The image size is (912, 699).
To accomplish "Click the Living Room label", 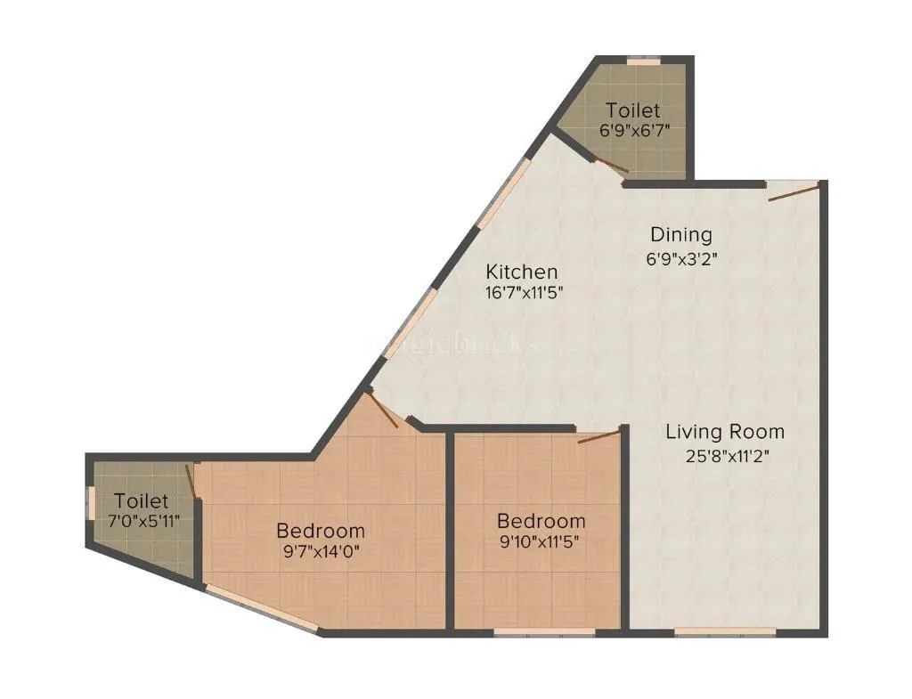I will [x=725, y=433].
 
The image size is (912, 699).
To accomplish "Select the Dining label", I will [x=681, y=235].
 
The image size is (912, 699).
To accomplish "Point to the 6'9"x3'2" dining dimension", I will [x=681, y=260].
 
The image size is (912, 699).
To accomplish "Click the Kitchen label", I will [x=521, y=272].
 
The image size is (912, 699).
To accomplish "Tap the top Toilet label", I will [x=633, y=110].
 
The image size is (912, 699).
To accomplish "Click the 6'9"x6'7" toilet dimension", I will [x=633, y=130].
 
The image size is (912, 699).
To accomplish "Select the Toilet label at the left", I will [x=142, y=501].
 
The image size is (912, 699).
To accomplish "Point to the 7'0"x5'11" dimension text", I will [x=142, y=522].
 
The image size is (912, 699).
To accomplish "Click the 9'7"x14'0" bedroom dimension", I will [x=321, y=551].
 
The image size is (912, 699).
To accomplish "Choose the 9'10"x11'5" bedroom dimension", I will [x=541, y=541].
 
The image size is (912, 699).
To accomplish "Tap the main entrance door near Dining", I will [x=792, y=191].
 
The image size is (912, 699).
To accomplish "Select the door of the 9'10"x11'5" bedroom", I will [x=598, y=436].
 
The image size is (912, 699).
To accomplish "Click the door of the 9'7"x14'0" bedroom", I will [x=384, y=411].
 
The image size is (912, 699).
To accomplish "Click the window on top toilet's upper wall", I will [x=643, y=61].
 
